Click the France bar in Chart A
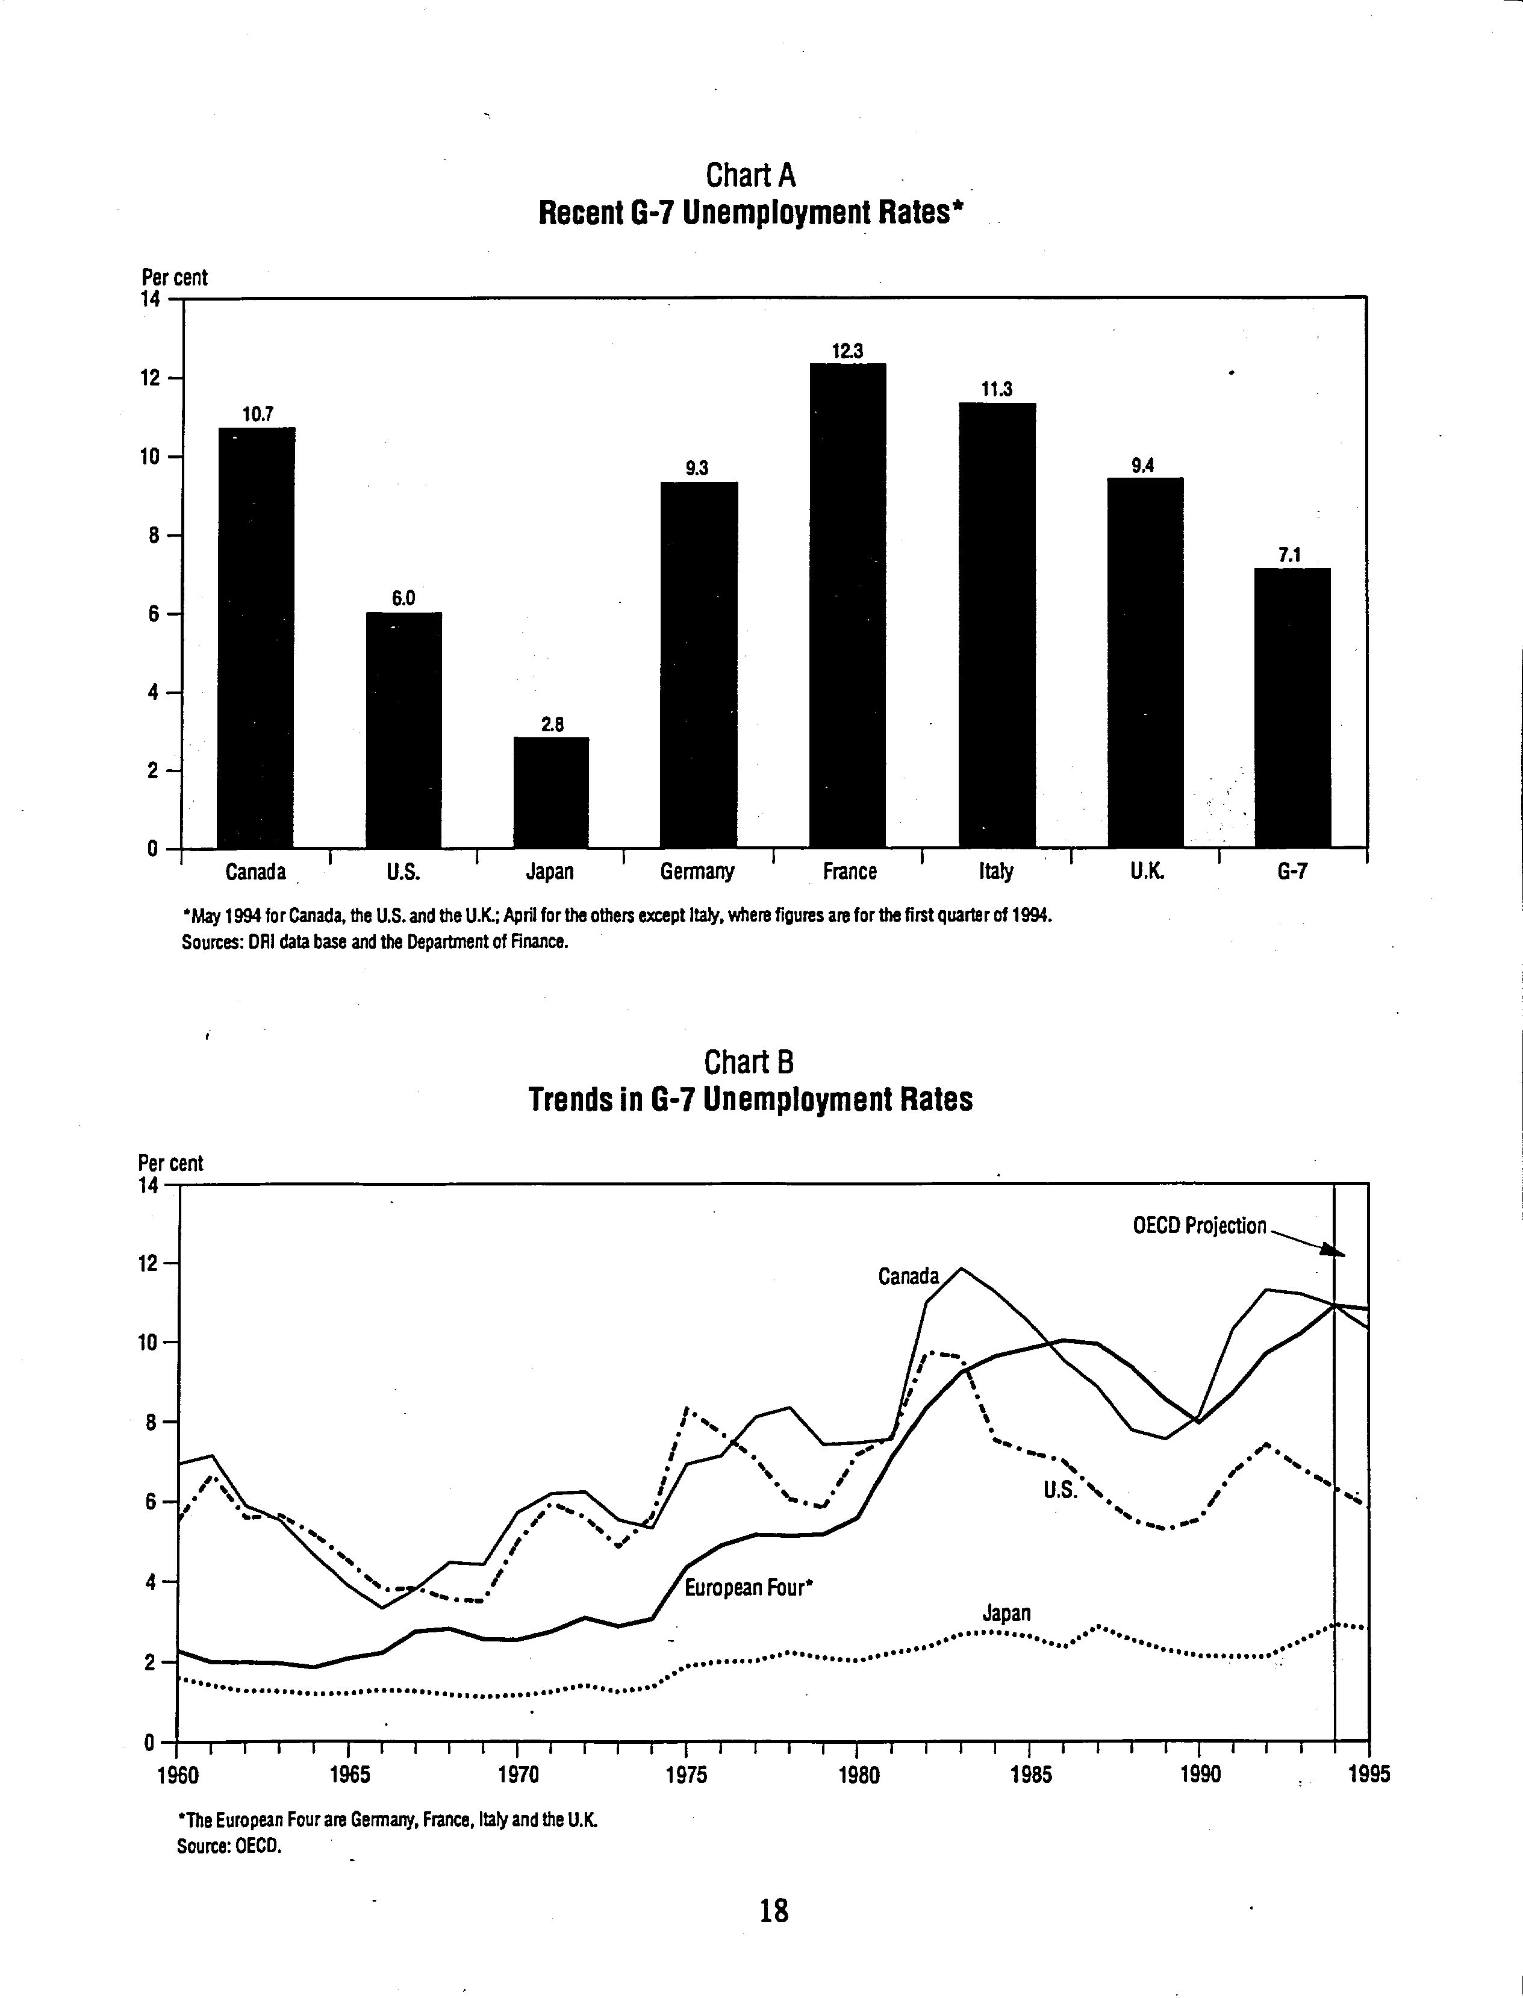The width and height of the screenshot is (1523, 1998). tap(848, 605)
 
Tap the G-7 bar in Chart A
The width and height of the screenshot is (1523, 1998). tap(1293, 708)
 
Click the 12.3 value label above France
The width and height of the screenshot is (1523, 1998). tap(848, 351)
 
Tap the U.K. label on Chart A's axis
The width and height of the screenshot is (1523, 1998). tap(1146, 871)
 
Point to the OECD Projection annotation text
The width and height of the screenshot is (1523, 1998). tap(1200, 1226)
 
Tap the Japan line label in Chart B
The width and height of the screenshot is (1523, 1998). tap(1006, 1612)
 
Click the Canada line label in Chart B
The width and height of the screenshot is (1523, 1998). tap(908, 1276)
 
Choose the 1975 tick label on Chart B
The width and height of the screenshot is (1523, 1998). tap(687, 1774)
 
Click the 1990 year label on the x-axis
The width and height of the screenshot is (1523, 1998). tap(1200, 1774)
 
